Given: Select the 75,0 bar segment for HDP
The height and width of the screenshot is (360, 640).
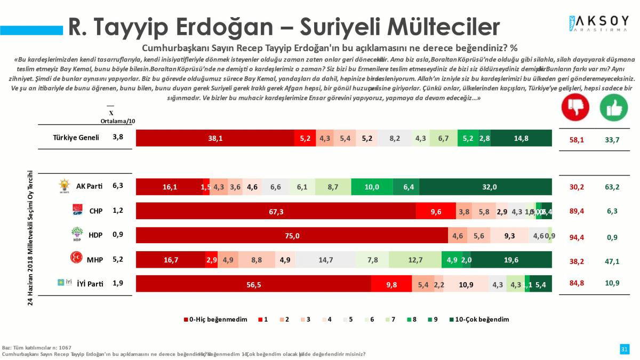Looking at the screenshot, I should click(292, 235).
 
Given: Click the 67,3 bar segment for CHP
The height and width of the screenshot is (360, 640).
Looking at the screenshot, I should click(276, 211).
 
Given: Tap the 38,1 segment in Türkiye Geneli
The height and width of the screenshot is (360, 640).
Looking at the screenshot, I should click(215, 138).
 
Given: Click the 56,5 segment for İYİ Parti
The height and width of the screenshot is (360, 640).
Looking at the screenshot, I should click(253, 284).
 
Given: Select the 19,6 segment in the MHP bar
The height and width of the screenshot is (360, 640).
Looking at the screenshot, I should click(511, 260).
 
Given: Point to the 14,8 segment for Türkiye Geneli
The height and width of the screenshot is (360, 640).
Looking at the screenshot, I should click(521, 138).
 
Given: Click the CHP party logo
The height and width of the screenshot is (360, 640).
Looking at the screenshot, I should click(78, 211).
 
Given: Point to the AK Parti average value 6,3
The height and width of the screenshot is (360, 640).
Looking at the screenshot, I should click(118, 186).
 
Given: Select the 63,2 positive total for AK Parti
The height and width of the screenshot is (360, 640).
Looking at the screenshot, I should click(612, 187).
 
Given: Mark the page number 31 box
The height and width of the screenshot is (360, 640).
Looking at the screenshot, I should click(624, 349).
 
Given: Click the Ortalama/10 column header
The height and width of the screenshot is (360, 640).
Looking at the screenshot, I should click(118, 121).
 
